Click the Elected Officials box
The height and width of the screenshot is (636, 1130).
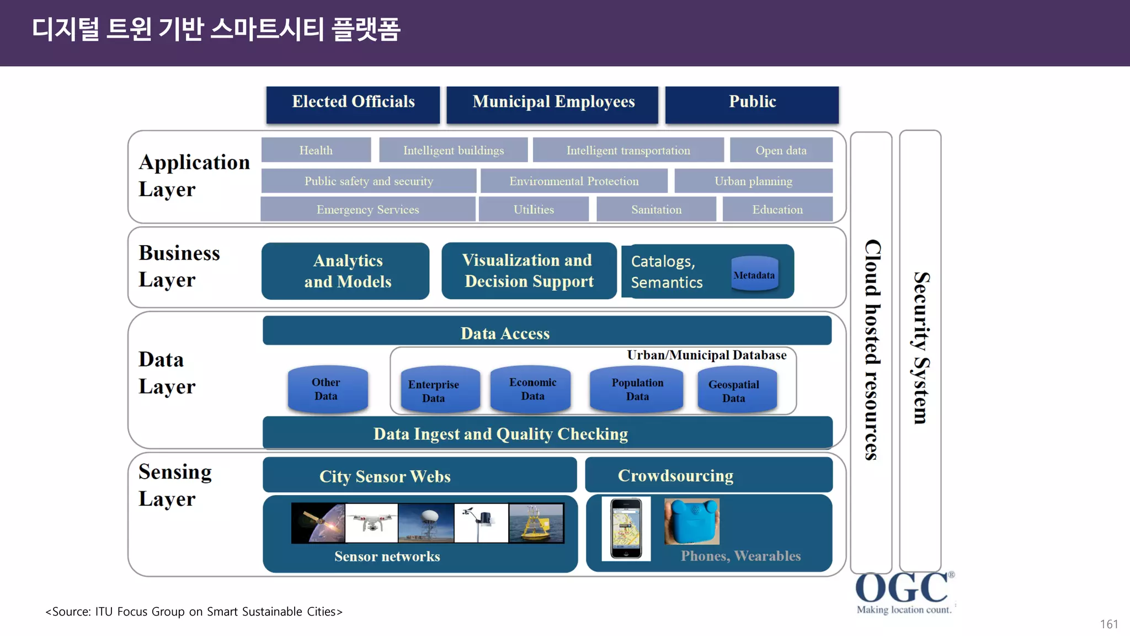[x=353, y=104]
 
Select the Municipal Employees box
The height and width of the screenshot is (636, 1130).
[x=553, y=104]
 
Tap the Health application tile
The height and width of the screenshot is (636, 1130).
[x=316, y=150]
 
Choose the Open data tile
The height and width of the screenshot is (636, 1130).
[x=781, y=150]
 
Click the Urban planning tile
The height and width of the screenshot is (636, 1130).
[x=753, y=181]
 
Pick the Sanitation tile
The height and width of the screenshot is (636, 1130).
[x=656, y=210]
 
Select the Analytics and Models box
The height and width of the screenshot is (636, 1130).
[x=347, y=271]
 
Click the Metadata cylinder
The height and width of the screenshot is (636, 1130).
[x=754, y=273]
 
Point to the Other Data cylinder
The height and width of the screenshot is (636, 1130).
[x=327, y=389]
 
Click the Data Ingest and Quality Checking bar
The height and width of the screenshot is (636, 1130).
[x=546, y=433]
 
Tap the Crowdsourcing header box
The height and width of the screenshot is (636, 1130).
[x=708, y=475]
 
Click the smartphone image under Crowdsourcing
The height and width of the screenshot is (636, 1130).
[x=626, y=529]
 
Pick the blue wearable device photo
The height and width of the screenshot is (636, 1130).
[x=691, y=522]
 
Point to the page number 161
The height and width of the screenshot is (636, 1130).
[x=1108, y=624]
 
